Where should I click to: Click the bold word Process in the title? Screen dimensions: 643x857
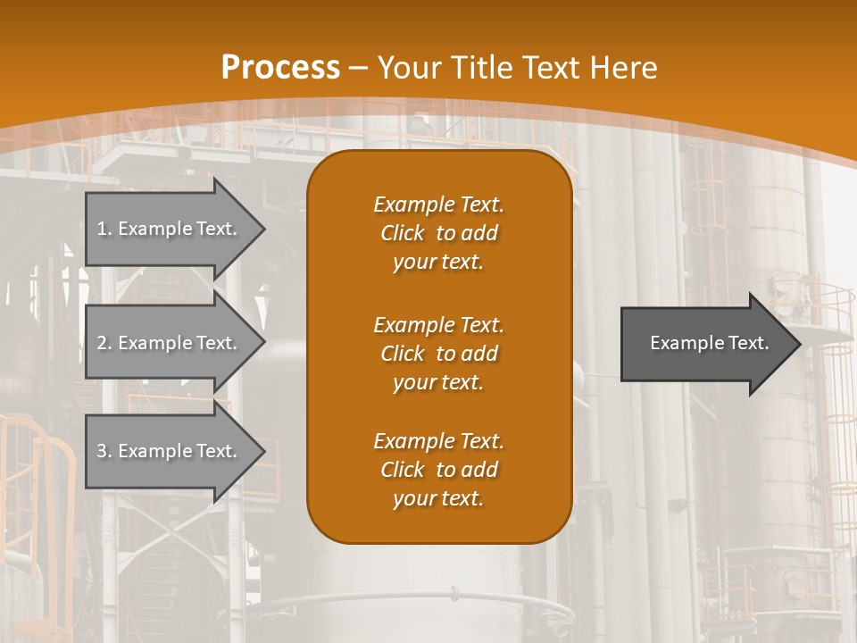(280, 67)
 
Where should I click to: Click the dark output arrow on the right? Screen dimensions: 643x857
(705, 343)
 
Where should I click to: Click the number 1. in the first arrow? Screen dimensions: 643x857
(104, 229)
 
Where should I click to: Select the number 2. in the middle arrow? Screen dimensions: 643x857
(104, 343)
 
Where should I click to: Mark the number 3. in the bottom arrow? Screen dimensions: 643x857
(104, 451)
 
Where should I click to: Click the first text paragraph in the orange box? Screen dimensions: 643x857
(438, 233)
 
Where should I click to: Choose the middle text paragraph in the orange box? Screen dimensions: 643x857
(438, 354)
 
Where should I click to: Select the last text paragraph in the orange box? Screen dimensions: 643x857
(438, 470)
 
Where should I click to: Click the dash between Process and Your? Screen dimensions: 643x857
(358, 68)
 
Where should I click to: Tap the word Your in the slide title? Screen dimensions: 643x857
(410, 67)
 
